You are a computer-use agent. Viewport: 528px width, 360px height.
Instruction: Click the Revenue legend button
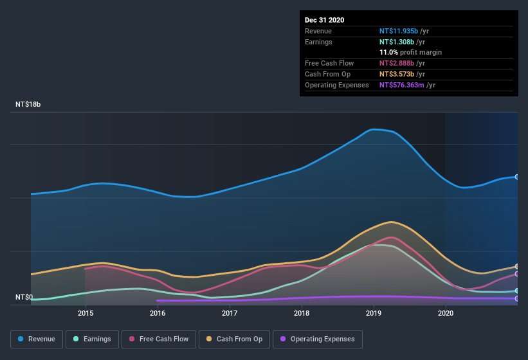click(37, 339)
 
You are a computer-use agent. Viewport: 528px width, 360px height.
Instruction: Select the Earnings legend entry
click(92, 339)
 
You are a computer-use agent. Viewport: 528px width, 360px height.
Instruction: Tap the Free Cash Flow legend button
click(159, 339)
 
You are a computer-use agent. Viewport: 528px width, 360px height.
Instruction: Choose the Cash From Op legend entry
click(235, 339)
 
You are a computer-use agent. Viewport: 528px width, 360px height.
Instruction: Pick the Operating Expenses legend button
click(318, 339)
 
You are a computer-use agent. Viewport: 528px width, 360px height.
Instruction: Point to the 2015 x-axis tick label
click(86, 313)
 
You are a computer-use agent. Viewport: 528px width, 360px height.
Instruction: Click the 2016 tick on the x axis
click(158, 313)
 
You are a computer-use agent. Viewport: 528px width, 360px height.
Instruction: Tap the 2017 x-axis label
click(230, 313)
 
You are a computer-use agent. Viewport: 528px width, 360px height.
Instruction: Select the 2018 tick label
click(302, 313)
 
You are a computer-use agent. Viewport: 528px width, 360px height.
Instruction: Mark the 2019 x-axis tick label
click(374, 313)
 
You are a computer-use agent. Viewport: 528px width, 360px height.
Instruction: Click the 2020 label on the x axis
click(446, 313)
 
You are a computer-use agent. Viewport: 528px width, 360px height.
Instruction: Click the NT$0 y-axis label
click(24, 298)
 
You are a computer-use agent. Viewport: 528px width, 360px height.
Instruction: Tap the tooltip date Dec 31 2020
click(325, 20)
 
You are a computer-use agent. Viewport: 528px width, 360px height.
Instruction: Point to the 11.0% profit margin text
click(410, 52)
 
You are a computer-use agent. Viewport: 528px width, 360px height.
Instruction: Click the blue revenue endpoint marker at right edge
click(517, 177)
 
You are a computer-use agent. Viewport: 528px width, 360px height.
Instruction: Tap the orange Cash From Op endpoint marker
click(517, 266)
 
